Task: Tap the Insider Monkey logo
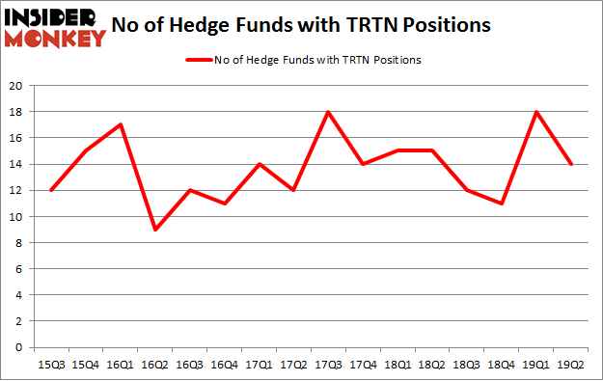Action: [54, 27]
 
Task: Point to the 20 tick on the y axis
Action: [16, 86]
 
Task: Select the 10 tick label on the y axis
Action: [16, 217]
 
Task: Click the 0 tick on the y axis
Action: [20, 347]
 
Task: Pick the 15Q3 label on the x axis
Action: [50, 364]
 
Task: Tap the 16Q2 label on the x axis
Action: [155, 364]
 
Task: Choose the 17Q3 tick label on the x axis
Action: [330, 364]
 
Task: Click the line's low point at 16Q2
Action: [155, 230]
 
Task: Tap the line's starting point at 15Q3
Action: [50, 190]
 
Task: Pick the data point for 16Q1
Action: [120, 124]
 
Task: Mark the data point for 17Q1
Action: [260, 164]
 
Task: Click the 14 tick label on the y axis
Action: [16, 164]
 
